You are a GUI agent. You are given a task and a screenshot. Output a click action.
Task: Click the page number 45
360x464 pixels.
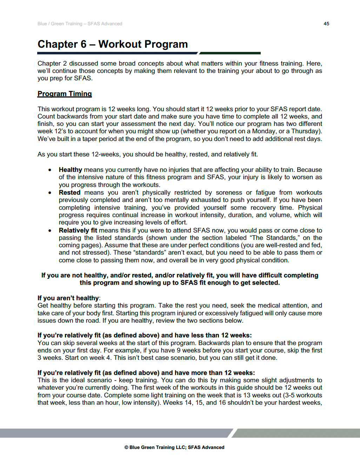326,24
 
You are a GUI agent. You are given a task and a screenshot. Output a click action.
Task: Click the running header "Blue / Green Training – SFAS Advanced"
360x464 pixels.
80,24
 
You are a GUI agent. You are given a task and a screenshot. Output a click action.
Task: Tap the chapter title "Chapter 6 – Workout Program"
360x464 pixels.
113,44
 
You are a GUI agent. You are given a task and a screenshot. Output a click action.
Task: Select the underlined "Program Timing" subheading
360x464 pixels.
65,94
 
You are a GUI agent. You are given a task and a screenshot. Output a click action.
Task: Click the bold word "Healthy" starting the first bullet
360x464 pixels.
70,170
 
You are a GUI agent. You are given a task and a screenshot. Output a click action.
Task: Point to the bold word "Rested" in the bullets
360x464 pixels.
69,193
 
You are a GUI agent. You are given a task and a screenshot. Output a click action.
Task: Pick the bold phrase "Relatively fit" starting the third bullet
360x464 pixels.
78,230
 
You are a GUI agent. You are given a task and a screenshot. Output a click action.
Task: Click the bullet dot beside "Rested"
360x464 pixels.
50,193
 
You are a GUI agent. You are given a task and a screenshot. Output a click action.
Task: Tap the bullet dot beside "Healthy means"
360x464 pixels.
50,170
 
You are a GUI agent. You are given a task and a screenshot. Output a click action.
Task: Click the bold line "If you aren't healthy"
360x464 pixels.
68,298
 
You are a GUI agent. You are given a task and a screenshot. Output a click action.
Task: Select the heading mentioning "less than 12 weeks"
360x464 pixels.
145,335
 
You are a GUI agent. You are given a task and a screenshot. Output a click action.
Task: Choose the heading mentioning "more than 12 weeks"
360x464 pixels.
146,373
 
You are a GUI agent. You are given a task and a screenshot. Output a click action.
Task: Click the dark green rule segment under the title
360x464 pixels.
230,53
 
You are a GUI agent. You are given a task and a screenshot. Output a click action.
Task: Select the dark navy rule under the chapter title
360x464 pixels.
118,53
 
